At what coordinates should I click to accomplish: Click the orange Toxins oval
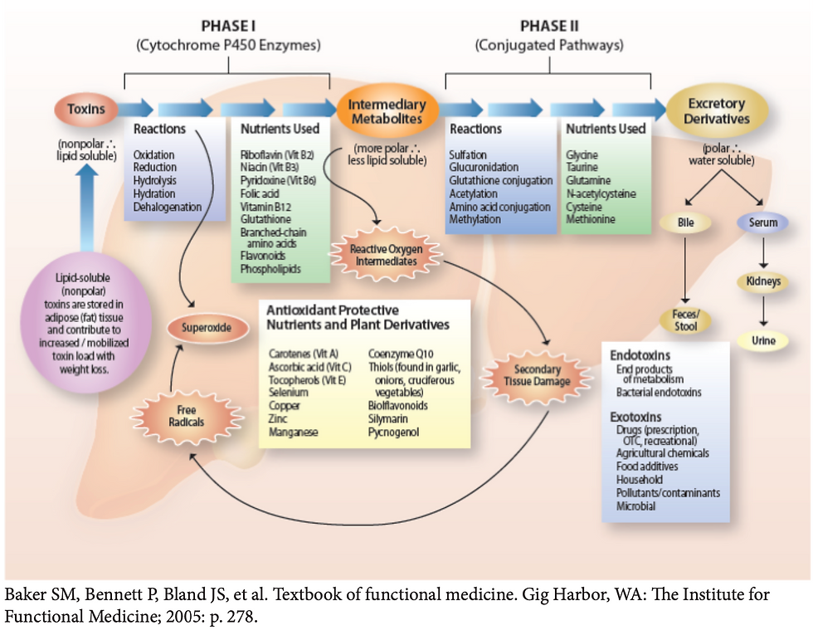pyautogui.click(x=86, y=109)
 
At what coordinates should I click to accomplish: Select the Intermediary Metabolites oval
pyautogui.click(x=387, y=111)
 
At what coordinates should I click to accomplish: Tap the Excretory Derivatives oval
pyautogui.click(x=717, y=111)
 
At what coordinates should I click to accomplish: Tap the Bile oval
pyautogui.click(x=684, y=223)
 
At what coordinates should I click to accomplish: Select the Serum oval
pyautogui.click(x=763, y=223)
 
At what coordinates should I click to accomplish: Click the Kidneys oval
pyautogui.click(x=763, y=281)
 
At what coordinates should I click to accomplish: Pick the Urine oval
pyautogui.click(x=763, y=340)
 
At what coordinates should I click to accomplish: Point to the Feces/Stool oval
pyautogui.click(x=684, y=320)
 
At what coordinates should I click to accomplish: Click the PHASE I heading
pyautogui.click(x=227, y=27)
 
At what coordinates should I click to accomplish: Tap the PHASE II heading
pyautogui.click(x=548, y=27)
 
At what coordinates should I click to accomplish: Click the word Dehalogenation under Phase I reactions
pyautogui.click(x=167, y=207)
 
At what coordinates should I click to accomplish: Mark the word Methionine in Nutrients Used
pyautogui.click(x=591, y=219)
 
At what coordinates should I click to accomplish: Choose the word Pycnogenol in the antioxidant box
pyautogui.click(x=394, y=432)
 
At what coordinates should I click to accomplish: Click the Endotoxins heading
pyautogui.click(x=640, y=354)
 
